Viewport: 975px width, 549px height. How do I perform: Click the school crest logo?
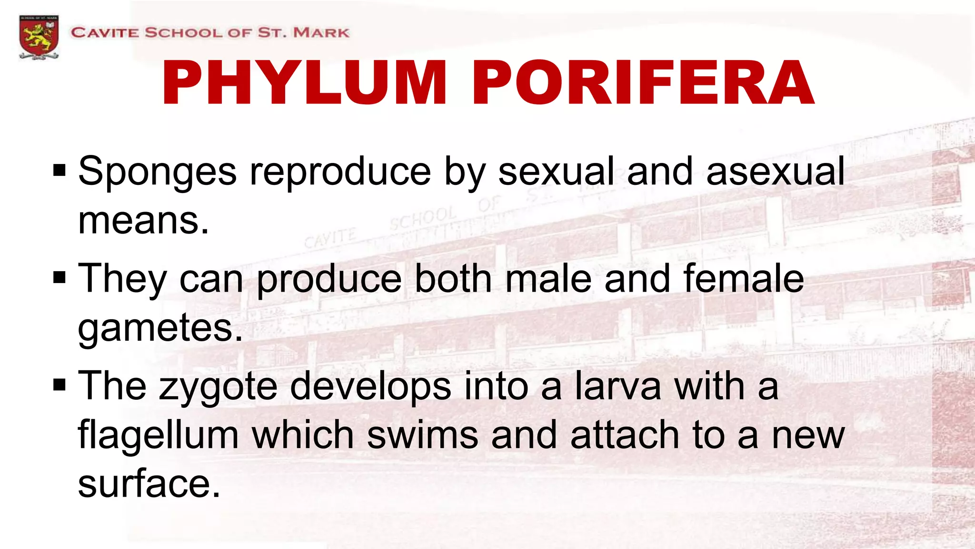39,37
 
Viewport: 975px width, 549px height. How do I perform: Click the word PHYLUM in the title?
305,83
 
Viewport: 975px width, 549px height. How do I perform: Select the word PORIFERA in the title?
643,83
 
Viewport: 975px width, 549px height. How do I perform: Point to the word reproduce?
340,172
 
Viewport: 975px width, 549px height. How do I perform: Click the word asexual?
775,172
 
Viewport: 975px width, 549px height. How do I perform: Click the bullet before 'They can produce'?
60,277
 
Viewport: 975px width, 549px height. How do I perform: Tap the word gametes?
160,329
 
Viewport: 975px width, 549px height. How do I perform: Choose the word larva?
618,386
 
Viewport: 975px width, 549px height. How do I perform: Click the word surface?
149,484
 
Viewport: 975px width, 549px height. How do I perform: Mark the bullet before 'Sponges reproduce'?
60,170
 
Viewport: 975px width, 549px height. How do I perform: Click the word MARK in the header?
321,33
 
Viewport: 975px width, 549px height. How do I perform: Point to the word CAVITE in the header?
105,33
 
